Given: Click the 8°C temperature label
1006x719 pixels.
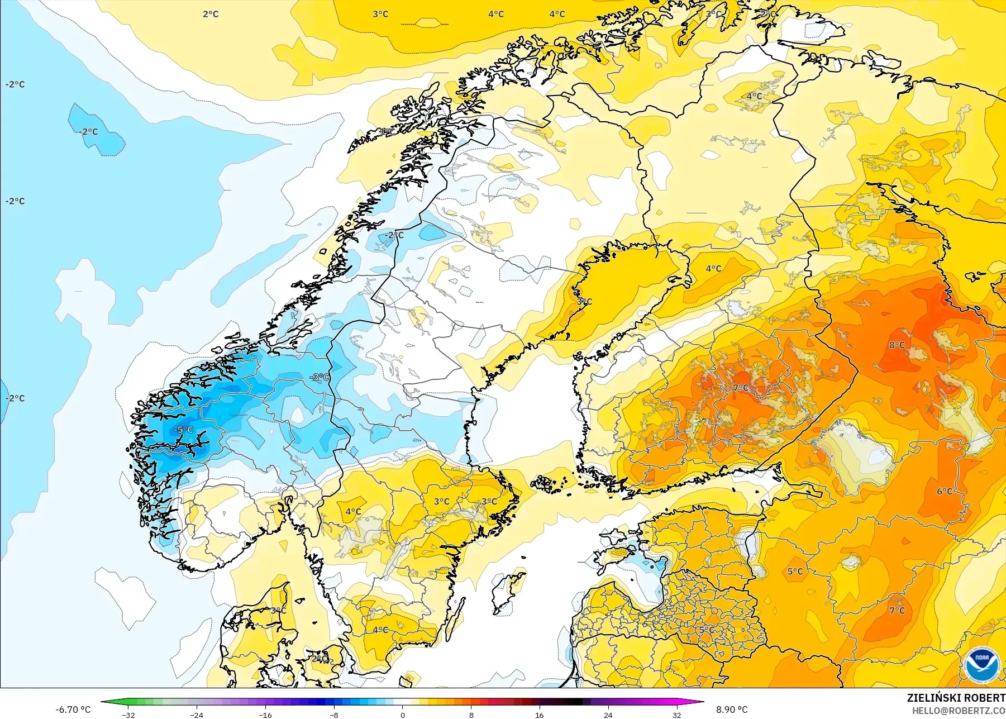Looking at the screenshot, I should pos(897,345).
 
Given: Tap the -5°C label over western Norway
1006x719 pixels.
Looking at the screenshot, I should pos(184,430).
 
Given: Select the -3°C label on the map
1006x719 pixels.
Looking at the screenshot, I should pos(320,377).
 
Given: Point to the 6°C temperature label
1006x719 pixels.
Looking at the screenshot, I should pos(945,491).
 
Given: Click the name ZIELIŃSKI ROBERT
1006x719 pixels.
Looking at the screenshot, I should pos(956,698).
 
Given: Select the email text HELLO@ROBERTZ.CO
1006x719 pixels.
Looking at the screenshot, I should pos(959,711).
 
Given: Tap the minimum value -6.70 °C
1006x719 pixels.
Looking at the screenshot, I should pos(73,710).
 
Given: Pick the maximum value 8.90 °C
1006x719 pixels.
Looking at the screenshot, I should pos(732,710).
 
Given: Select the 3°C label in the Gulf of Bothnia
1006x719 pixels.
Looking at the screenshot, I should pos(584,301).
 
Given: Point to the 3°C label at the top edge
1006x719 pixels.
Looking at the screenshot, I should pos(380,14).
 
